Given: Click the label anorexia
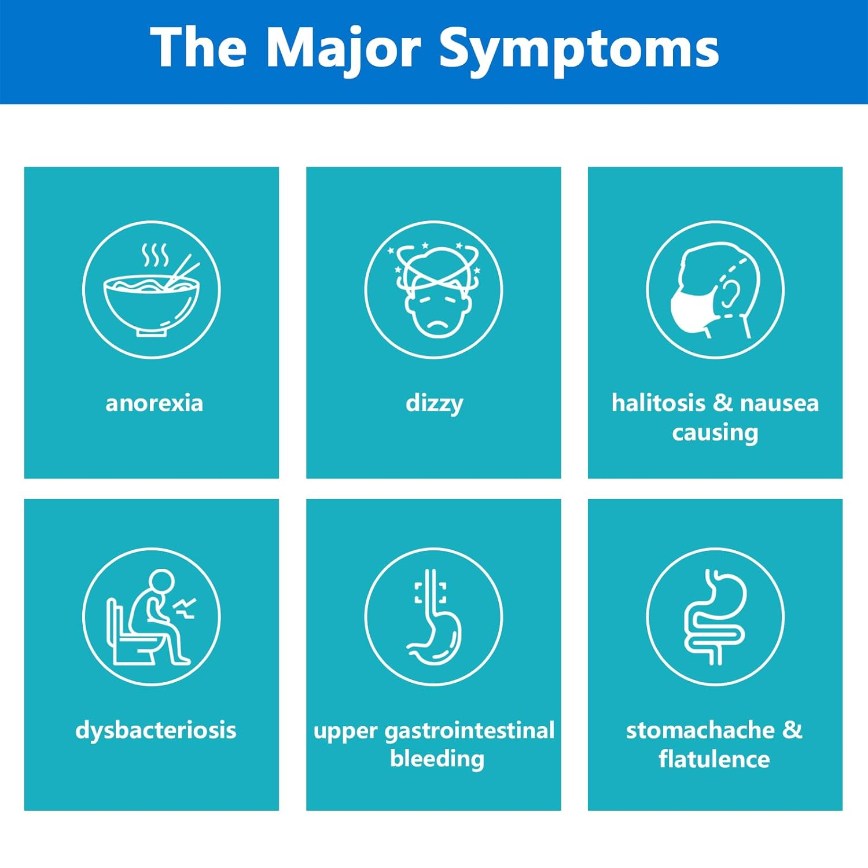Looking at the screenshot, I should pyautogui.click(x=154, y=403).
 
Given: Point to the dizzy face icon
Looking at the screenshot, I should pyautogui.click(x=434, y=290).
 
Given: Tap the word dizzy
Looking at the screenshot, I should pyautogui.click(x=434, y=404).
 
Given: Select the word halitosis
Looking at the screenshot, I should pyautogui.click(x=658, y=403).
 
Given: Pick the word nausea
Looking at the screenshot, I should pyautogui.click(x=779, y=403).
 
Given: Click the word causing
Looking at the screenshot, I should pyautogui.click(x=715, y=433).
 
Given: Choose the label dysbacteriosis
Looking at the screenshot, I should pyautogui.click(x=156, y=730).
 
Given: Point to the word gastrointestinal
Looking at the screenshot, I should pyautogui.click(x=469, y=731).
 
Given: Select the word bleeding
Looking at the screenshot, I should pyautogui.click(x=437, y=759).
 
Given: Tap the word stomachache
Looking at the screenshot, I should pyautogui.click(x=700, y=730).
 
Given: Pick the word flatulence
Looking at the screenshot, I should pyautogui.click(x=714, y=759).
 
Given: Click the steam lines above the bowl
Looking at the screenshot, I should pyautogui.click(x=155, y=255).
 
